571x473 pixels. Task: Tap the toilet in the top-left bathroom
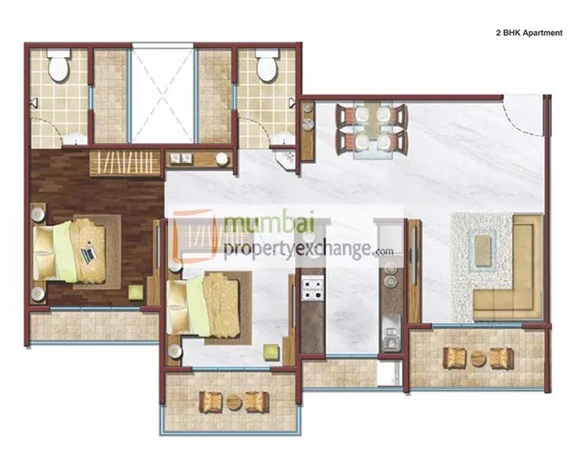point(60,68)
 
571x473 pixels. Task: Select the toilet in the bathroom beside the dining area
point(266,67)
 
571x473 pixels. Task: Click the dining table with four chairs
point(370,126)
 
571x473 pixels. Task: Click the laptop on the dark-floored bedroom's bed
point(88,255)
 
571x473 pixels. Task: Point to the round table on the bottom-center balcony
point(231,401)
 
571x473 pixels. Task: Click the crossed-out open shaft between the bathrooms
point(162,95)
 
